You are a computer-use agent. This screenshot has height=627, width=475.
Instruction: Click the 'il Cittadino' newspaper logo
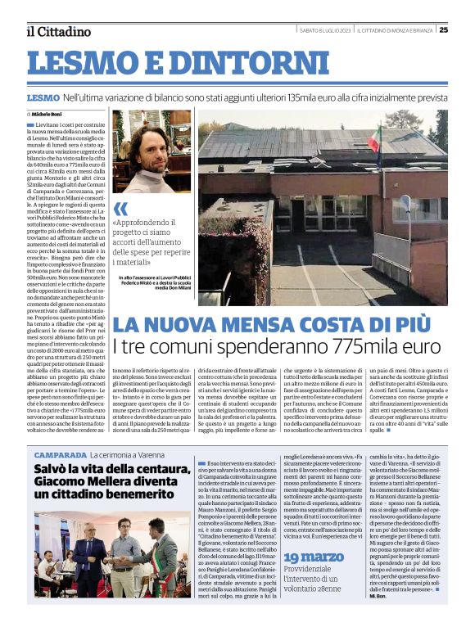click(58, 32)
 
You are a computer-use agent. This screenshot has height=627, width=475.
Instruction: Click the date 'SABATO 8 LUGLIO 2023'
click(324, 30)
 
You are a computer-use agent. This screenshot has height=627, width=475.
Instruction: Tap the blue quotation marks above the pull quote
click(120, 208)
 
